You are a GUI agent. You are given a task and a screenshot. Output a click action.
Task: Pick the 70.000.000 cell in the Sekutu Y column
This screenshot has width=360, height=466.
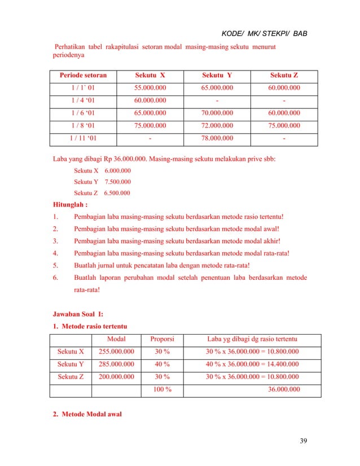pos(217,113)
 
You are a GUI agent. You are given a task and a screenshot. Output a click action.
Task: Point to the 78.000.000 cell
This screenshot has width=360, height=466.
pos(217,138)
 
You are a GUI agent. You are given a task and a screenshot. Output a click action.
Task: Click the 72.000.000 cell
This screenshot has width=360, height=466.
pos(217,125)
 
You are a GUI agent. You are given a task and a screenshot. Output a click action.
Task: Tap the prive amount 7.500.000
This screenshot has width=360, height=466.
pos(118,182)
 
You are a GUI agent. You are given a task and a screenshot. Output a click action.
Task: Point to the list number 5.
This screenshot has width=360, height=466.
pos(55,265)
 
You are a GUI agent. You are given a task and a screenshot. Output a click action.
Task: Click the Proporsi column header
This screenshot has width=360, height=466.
pos(162,339)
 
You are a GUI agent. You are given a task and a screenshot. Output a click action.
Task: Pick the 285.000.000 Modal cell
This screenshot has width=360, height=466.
pos(116,364)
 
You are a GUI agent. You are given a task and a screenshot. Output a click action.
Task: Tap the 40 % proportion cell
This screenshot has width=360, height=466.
pos(162,364)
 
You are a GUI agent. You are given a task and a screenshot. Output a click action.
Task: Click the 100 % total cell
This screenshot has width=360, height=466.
pos(162,389)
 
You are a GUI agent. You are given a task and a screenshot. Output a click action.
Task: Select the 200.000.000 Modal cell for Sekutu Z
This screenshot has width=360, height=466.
pos(116,376)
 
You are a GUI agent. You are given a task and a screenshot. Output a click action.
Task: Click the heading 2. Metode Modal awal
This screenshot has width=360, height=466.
pos(87,415)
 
